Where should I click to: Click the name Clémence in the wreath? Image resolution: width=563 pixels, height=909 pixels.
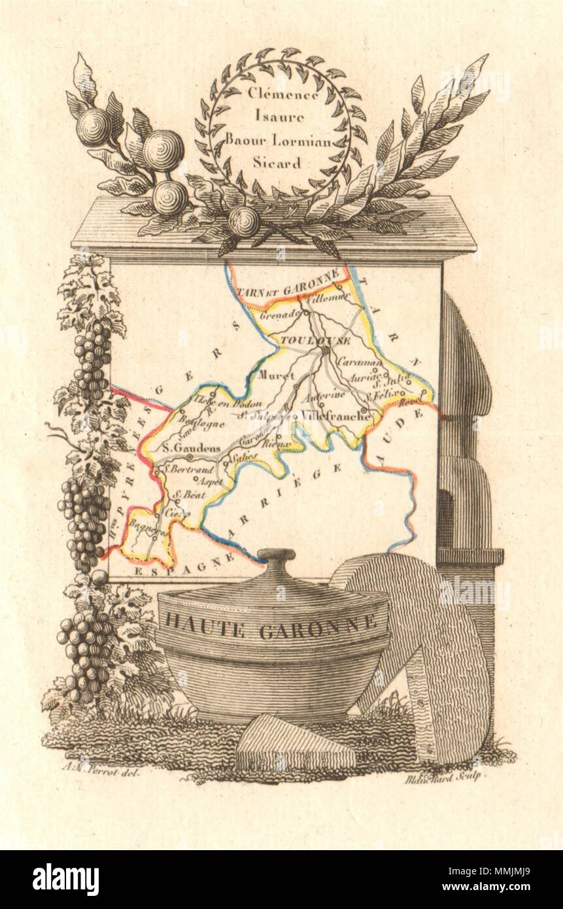point(283,94)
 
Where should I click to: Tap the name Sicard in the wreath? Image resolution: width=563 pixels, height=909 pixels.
point(282,163)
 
